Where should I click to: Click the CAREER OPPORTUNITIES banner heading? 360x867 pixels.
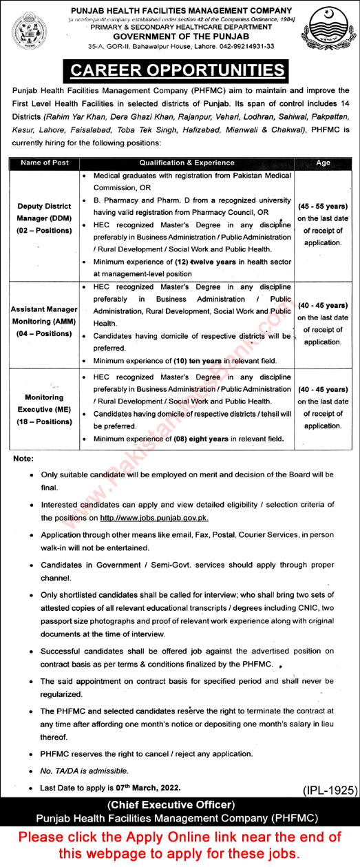[x=180, y=71]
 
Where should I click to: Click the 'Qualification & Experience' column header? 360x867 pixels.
[x=184, y=163]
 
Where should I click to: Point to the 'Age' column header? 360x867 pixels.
[x=322, y=163]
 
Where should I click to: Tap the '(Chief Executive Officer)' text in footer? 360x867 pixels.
[x=180, y=804]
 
